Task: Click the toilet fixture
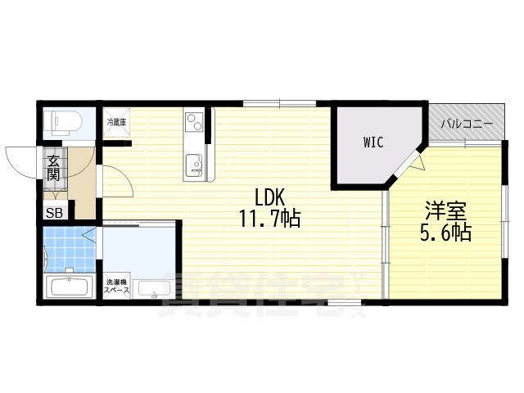coord(64,123)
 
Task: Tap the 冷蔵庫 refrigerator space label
coord(115,122)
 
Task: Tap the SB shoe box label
coord(53,212)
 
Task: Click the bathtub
coord(69,287)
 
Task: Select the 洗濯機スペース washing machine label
coord(115,287)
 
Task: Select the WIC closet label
coord(374,142)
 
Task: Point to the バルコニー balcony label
coord(467,124)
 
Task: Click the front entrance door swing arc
coord(20,160)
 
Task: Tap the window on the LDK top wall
coord(278,103)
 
